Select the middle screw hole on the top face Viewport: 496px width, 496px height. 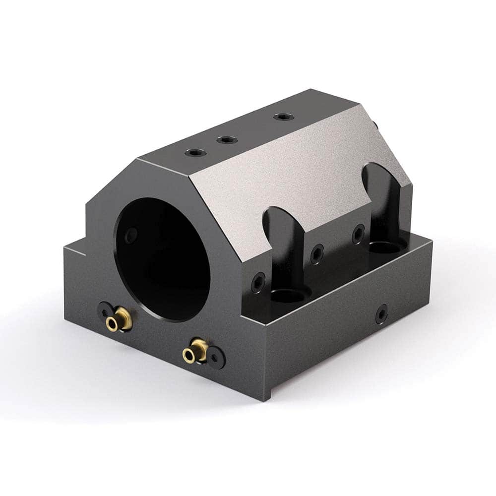[226, 140]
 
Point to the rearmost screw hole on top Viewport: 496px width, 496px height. [283, 117]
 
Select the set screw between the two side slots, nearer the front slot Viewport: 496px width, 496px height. [317, 254]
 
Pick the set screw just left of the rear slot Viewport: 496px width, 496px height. [358, 234]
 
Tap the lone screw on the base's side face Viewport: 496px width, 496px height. [381, 313]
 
